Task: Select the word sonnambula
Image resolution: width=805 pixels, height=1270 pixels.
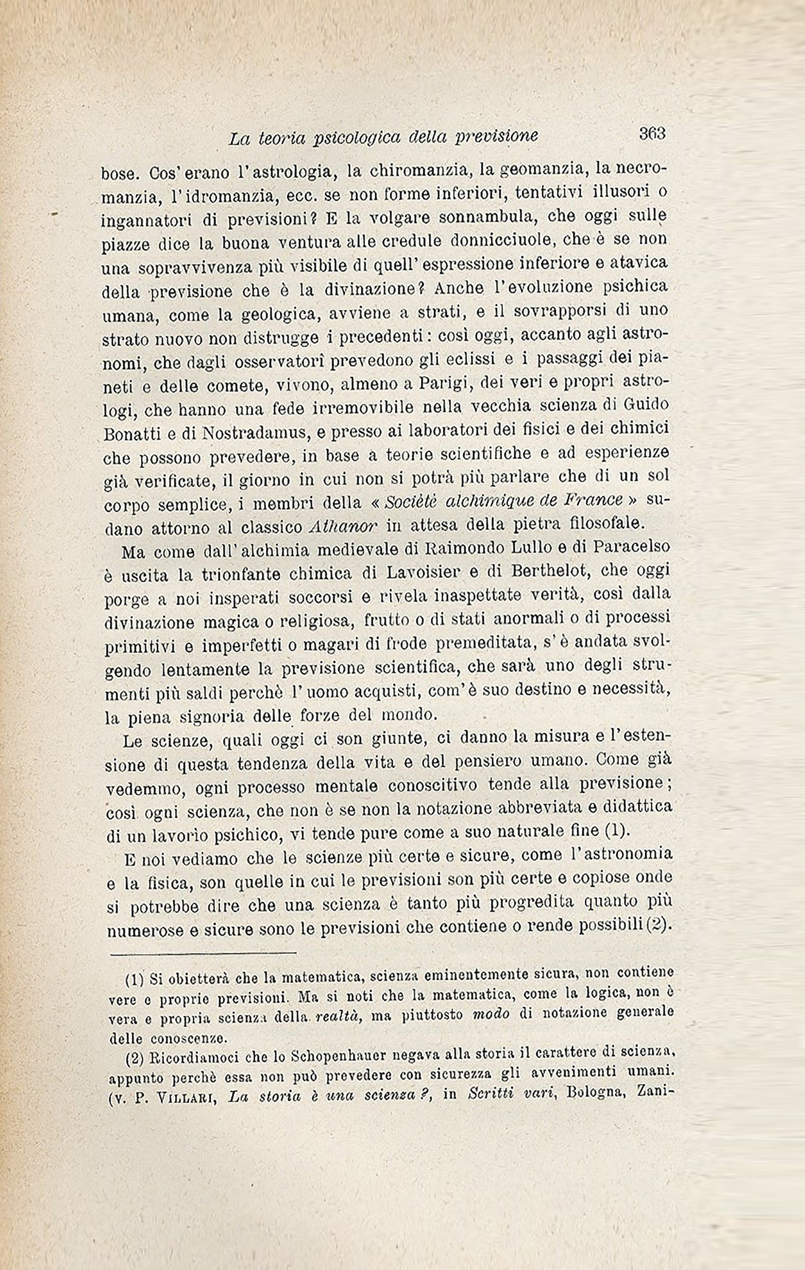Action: coord(477,217)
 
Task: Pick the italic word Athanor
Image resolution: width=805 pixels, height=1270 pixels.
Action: coord(343,525)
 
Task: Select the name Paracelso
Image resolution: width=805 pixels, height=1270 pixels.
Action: coord(632,547)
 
